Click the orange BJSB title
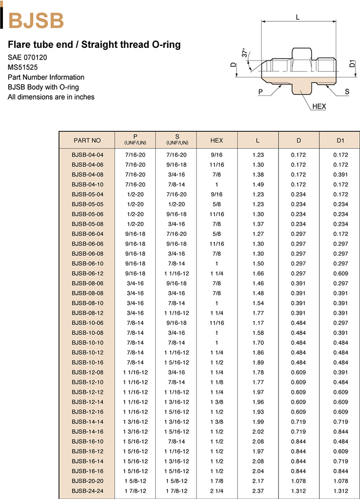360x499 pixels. click(36, 21)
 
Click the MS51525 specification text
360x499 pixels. click(23, 67)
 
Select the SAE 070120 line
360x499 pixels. click(28, 57)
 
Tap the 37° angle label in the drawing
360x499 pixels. click(245, 53)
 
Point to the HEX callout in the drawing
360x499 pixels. click(319, 106)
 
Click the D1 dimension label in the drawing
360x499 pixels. click(352, 64)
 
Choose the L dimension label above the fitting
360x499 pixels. click(298, 17)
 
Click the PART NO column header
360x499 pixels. click(87, 140)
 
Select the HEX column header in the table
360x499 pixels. click(216, 140)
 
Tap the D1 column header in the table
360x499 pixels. click(340, 140)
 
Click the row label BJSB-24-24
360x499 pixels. click(87, 491)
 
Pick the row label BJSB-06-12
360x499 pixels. click(87, 273)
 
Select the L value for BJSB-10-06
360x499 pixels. click(257, 323)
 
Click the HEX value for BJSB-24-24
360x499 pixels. click(216, 491)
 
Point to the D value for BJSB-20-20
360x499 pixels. click(298, 481)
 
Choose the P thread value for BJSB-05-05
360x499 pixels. click(135, 204)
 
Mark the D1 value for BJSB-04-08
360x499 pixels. click(340, 175)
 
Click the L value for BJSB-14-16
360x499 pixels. click(257, 431)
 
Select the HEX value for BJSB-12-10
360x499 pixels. click(216, 382)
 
